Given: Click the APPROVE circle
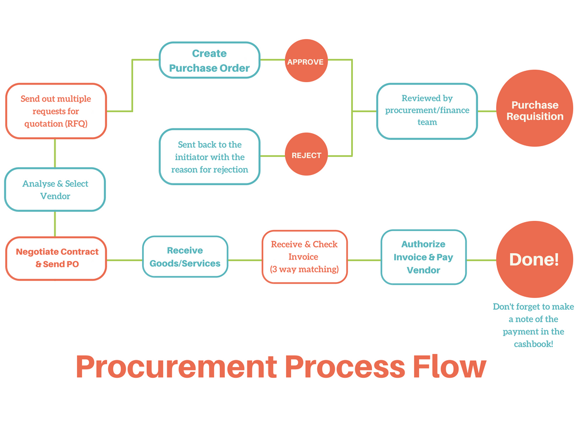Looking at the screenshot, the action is point(306,61).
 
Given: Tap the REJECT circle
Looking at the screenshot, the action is point(306,154).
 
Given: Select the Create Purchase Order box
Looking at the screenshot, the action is point(210,60).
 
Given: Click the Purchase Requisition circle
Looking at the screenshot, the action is point(535,108).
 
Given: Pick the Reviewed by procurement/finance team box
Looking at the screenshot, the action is point(427,111).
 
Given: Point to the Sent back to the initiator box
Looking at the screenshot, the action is point(210,156).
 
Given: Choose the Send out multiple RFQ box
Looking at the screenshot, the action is point(56,111).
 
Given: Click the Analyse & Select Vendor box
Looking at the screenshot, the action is point(55,189).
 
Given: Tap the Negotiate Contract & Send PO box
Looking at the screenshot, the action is point(56,258).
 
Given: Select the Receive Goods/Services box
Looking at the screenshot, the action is point(185,257).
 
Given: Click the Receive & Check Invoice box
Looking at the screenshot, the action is point(304,257).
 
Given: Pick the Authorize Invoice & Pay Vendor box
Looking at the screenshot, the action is point(424,257).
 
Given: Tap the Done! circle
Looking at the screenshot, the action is point(535,259).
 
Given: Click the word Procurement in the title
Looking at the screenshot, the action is point(177,366).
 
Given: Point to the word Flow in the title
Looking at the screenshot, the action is point(449,366).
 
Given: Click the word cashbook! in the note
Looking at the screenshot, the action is point(534,344).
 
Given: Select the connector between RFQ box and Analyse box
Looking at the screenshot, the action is point(55,153).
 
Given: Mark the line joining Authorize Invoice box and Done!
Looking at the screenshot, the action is point(481,260).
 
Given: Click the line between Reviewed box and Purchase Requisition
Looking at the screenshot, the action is point(487,111).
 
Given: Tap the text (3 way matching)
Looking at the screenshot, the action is point(304,269).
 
